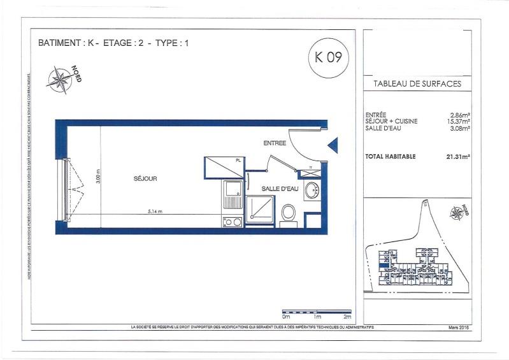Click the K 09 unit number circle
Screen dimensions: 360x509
click(328, 57)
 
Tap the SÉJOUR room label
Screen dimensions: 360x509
click(145, 178)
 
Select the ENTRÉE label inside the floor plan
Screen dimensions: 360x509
click(275, 143)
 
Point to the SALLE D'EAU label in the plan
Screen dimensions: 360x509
click(280, 189)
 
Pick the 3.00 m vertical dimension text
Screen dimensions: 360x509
click(98, 175)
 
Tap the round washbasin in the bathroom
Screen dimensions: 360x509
click(312, 190)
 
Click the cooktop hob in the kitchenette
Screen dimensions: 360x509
click(231, 222)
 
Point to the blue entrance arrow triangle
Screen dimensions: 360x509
click(333, 146)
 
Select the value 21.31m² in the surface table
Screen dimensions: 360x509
click(458, 156)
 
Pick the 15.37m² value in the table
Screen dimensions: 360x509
click(458, 122)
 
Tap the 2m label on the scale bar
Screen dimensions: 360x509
click(347, 317)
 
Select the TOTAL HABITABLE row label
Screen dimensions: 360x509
click(391, 156)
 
